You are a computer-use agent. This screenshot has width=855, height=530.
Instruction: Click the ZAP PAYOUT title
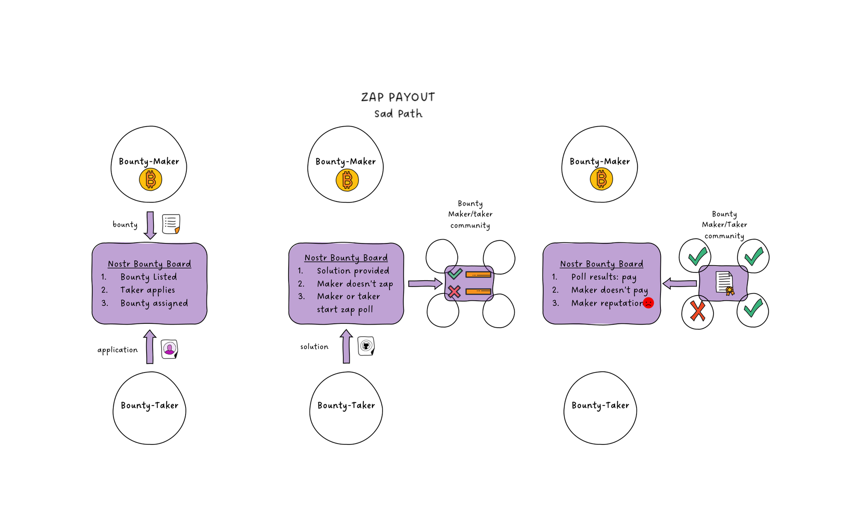tap(398, 97)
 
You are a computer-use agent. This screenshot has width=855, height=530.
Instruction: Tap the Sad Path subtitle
tap(398, 114)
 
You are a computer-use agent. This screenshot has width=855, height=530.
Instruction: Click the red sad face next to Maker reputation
tap(648, 303)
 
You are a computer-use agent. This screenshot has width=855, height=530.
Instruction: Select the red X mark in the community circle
tap(697, 311)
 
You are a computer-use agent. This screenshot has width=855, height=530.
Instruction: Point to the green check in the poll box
tap(455, 273)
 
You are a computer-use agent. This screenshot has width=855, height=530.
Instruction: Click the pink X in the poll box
tap(454, 292)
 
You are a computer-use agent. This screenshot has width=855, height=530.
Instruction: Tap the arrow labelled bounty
tap(150, 225)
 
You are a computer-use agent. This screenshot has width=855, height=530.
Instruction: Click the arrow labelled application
tap(150, 347)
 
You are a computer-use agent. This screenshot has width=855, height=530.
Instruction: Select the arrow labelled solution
tap(346, 346)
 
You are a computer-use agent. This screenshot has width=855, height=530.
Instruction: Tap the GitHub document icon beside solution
tap(366, 346)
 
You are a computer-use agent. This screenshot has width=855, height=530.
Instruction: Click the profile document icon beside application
tap(169, 349)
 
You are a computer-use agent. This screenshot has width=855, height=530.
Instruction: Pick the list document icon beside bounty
tap(171, 224)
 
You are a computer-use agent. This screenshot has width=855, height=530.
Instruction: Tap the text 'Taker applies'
tap(147, 290)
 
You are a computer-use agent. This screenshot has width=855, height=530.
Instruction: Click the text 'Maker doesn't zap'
tap(355, 284)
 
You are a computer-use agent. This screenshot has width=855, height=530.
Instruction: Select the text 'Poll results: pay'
tap(604, 277)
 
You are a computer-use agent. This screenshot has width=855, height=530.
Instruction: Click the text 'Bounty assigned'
tap(154, 303)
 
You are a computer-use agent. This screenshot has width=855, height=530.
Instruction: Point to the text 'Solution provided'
tap(353, 271)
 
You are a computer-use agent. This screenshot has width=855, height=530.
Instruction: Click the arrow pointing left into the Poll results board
tap(680, 283)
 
